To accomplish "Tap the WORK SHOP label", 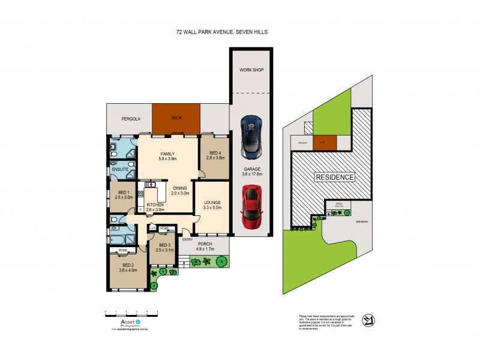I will pos(251,70).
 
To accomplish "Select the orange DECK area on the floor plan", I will pos(176,119).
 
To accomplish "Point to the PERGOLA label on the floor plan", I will pos(131,119).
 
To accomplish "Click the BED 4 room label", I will pos(215,154).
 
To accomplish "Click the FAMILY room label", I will pos(167,154).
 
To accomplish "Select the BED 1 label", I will pos(124,192).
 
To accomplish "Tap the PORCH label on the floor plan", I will pos(205,244).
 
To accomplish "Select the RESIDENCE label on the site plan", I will pos(334,177).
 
